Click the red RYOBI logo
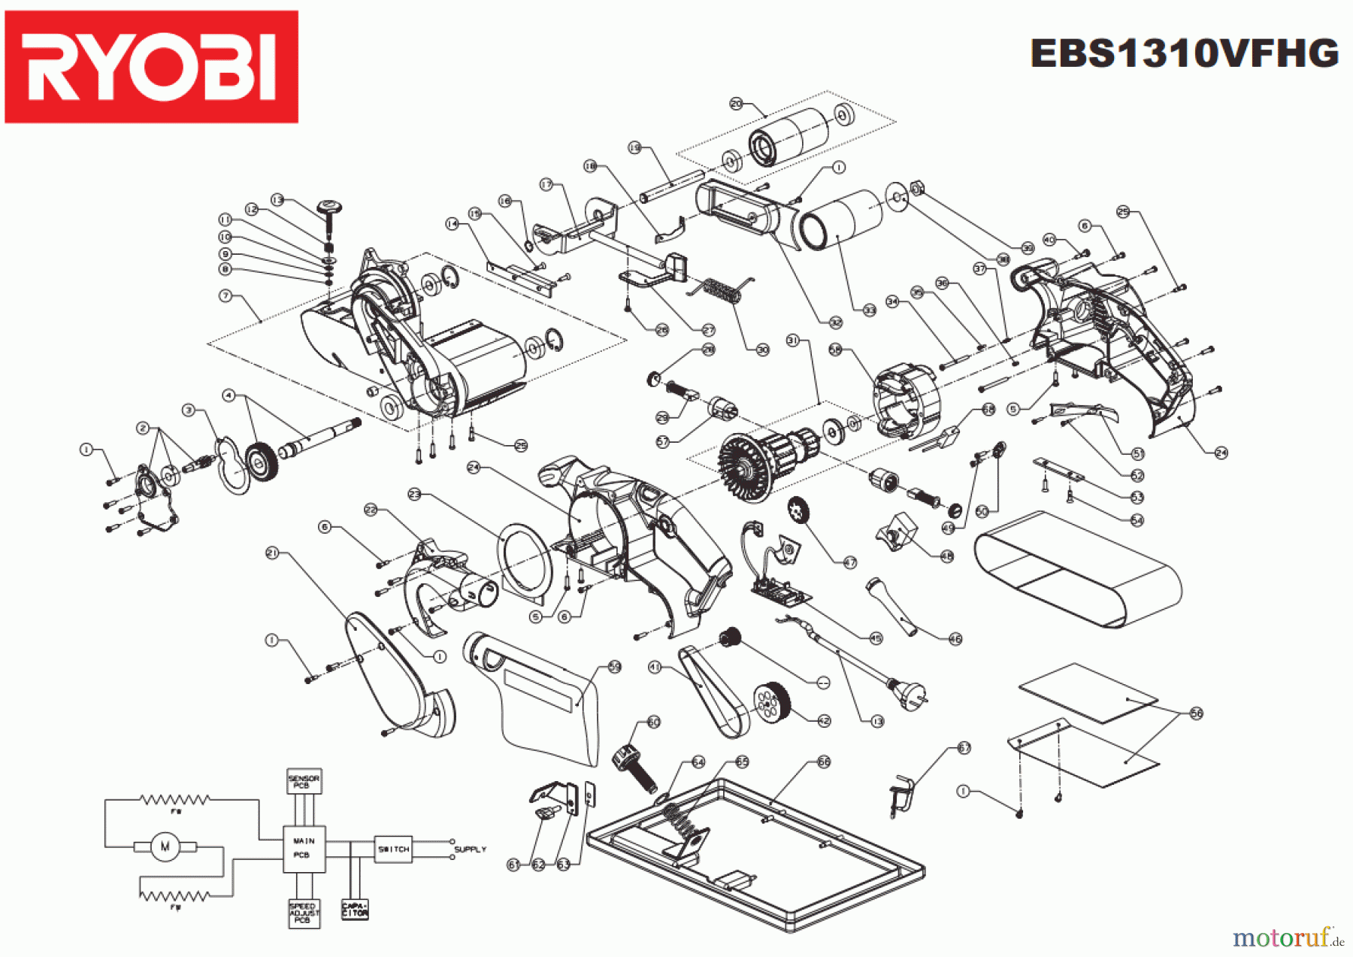tap(151, 66)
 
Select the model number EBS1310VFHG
tap(1184, 54)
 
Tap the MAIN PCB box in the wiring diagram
tap(304, 849)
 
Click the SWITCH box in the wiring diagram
tap(393, 849)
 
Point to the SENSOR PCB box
tap(304, 781)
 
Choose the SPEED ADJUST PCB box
tap(304, 913)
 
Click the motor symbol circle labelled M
tap(165, 846)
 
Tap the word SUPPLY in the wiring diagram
tap(470, 849)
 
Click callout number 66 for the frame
tap(824, 762)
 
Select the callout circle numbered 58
tap(835, 350)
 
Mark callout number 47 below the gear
tap(849, 562)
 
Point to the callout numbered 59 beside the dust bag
tap(615, 667)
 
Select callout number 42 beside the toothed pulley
tap(824, 720)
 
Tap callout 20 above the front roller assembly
tap(737, 104)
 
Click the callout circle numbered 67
tap(964, 748)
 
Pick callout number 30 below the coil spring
tap(763, 350)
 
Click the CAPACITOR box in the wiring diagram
tap(355, 910)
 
